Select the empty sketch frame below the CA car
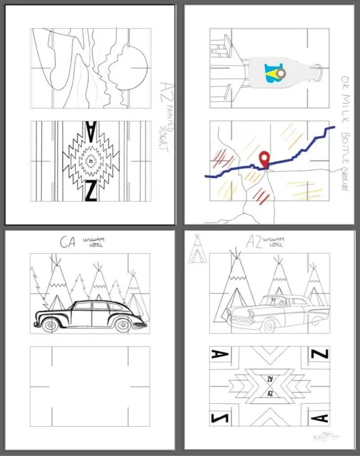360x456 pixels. [90, 386]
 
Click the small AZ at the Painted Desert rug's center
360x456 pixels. [91, 161]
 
